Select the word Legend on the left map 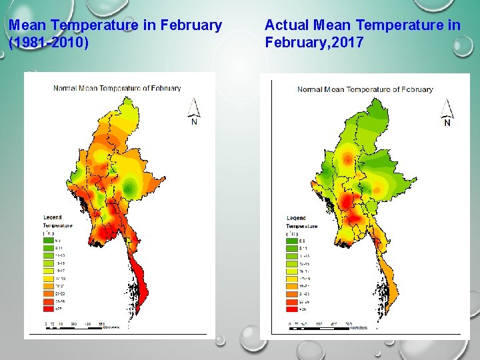pyautogui.click(x=53, y=217)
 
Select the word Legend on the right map pyautogui.click(x=297, y=218)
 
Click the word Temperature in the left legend pyautogui.click(x=58, y=225)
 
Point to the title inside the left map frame pyautogui.click(x=117, y=88)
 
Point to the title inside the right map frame pyautogui.click(x=365, y=89)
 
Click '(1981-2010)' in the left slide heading pyautogui.click(x=48, y=43)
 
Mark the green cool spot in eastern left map pyautogui.click(x=129, y=183)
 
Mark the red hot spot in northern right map pyautogui.click(x=347, y=159)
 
